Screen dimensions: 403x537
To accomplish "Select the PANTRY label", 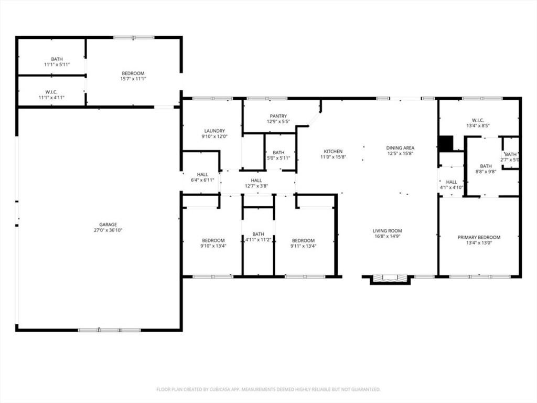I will pos(278,116).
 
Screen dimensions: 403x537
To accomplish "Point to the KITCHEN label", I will pos(333,151).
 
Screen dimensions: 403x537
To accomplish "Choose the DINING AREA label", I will pos(400,148).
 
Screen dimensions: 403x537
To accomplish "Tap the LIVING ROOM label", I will pos(387,231).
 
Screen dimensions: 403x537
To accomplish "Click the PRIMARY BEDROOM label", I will pos(479,237).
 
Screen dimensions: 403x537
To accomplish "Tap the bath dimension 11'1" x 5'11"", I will pos(57,65).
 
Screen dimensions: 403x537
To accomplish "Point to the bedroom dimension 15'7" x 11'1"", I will pos(133,79).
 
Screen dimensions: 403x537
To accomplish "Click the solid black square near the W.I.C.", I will pos(445,143).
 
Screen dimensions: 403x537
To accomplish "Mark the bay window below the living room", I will pos(390,278).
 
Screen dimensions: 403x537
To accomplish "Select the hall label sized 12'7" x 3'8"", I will pos(256,186).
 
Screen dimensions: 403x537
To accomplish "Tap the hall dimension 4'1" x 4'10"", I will pos(451,187).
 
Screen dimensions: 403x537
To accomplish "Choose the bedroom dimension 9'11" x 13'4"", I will pos(303,246).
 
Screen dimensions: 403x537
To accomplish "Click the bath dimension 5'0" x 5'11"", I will pos(278,158).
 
